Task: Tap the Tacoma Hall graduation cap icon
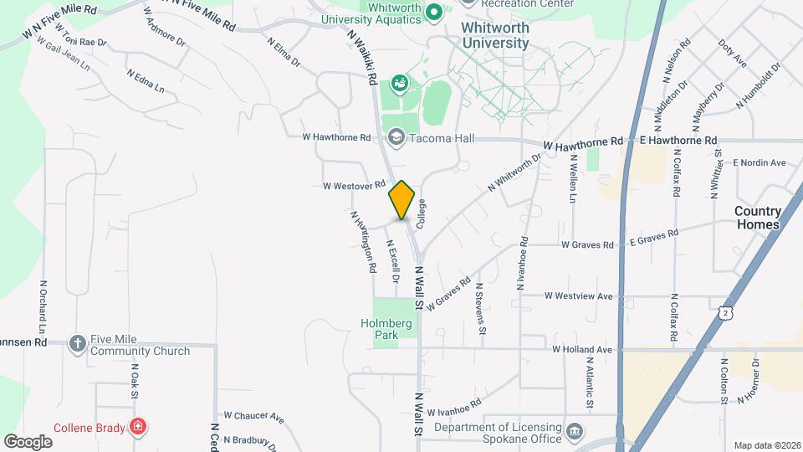396,137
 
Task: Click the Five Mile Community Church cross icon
78,342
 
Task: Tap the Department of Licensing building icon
574,431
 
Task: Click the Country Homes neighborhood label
758,218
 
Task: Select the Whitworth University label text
496,35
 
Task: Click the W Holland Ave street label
582,349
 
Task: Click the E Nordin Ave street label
760,162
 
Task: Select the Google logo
28,441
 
